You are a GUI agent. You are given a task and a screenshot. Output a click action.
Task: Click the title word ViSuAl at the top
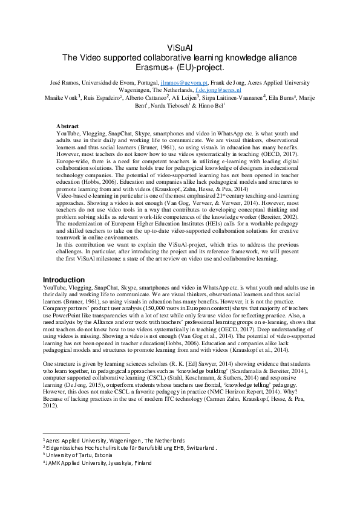[x=180, y=47]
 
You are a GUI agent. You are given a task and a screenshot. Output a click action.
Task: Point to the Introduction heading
[x=64, y=280]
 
